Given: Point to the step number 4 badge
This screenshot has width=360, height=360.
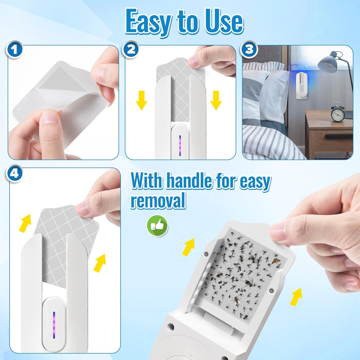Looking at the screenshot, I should [x=14, y=174].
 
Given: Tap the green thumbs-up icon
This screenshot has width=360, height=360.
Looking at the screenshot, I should [x=157, y=226].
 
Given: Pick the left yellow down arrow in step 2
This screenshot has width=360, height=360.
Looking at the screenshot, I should [x=141, y=100].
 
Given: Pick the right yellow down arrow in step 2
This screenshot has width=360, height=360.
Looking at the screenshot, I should [x=216, y=100].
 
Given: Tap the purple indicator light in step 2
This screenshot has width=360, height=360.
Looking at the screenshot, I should [x=179, y=146].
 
